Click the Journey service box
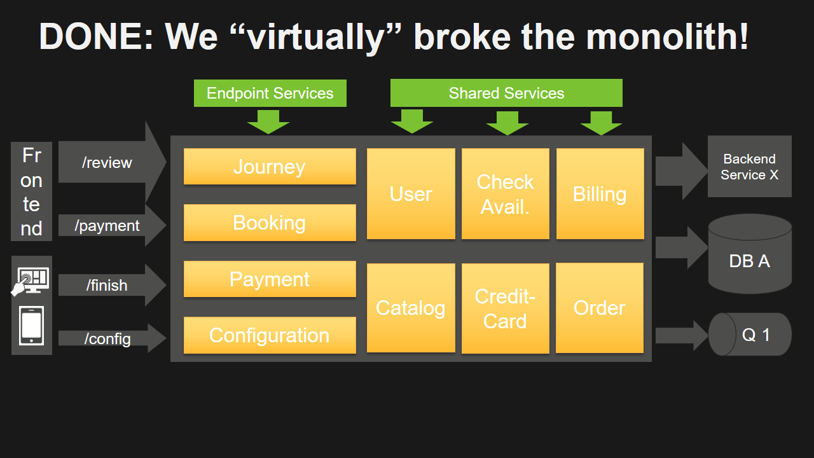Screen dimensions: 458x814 coord(270,167)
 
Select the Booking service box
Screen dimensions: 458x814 coord(270,223)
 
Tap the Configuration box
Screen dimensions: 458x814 coord(270,335)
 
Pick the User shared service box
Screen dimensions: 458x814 coord(411,194)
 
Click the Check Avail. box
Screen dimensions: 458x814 coord(505,194)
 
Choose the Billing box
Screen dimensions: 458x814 coord(600,194)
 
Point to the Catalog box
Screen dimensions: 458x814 coord(411,308)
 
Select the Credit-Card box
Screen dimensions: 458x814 coord(505,309)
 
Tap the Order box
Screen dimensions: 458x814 coord(600,308)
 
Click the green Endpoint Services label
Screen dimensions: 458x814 coord(270,93)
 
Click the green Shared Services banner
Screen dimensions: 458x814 coord(506,93)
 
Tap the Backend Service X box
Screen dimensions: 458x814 coord(749,167)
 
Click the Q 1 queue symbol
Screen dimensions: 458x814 coord(750,334)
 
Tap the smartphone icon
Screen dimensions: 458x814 coord(31,326)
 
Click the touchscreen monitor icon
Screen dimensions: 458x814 coord(31,280)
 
